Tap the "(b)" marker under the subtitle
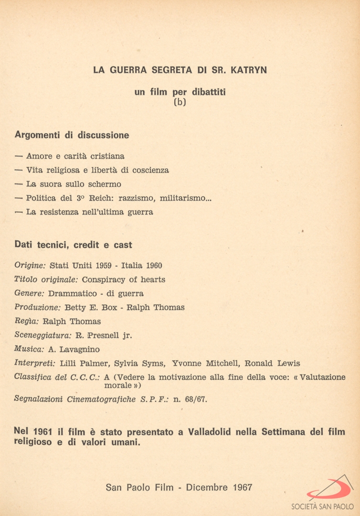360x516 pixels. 180,102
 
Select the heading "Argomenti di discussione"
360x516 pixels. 72,135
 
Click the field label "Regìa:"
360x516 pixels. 27,322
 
